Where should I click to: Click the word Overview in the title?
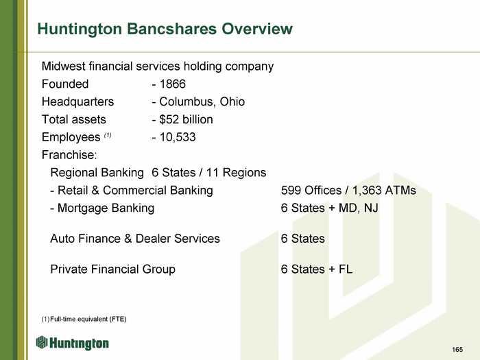[x=257, y=29]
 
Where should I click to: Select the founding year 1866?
[x=173, y=84]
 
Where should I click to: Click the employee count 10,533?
[x=178, y=137]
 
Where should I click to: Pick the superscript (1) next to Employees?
[x=108, y=134]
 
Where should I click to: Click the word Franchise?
[x=69, y=155]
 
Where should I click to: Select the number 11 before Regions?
[x=213, y=173]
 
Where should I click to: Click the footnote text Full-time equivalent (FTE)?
[x=88, y=320]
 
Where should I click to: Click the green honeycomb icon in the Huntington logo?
[x=42, y=342]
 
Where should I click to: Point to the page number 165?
[x=457, y=350]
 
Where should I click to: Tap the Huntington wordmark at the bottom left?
[x=79, y=344]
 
